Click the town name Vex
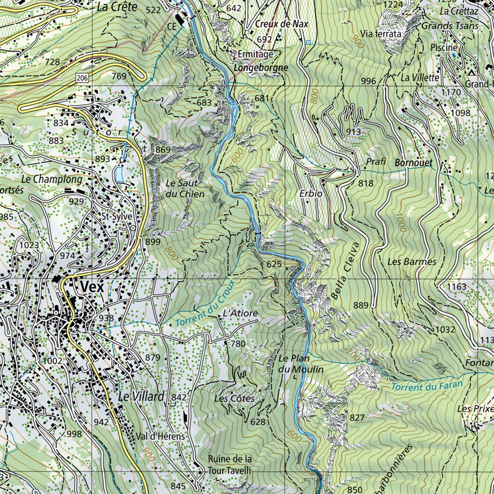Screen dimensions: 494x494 [92, 287]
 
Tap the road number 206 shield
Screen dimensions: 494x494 [81, 78]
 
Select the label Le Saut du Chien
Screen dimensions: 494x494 [185, 189]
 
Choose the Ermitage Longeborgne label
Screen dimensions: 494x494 [261, 61]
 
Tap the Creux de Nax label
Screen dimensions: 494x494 [282, 24]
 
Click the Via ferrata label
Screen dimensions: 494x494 [381, 34]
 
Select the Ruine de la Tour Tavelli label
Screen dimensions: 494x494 [230, 464]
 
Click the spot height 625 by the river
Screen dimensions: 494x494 [274, 264]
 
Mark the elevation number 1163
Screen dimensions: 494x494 [456, 287]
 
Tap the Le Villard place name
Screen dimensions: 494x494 [141, 397]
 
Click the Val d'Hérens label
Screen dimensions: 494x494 [161, 436]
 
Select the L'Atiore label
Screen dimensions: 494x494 [240, 314]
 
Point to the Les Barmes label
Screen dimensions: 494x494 [412, 261]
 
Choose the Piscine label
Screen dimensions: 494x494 [444, 47]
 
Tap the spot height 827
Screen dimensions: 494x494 [357, 417]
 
